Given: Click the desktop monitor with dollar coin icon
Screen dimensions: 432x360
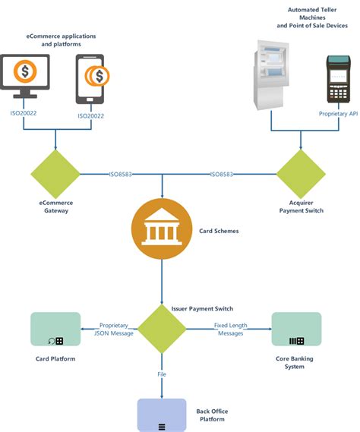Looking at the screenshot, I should (x=26, y=74).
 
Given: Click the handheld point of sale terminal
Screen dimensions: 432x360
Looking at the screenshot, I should (x=338, y=79).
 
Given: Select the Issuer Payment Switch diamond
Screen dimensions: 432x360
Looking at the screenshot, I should (x=161, y=329).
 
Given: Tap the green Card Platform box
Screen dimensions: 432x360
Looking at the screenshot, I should (x=55, y=329).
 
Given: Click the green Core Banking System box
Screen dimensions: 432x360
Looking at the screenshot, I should (x=296, y=329).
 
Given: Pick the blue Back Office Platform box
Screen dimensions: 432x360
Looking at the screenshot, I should (x=161, y=415).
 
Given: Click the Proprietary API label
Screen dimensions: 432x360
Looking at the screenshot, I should (x=337, y=114).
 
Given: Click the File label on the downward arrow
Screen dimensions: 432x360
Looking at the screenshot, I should (x=161, y=374).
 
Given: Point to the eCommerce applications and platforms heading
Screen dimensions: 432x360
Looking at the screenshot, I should (x=62, y=39).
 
